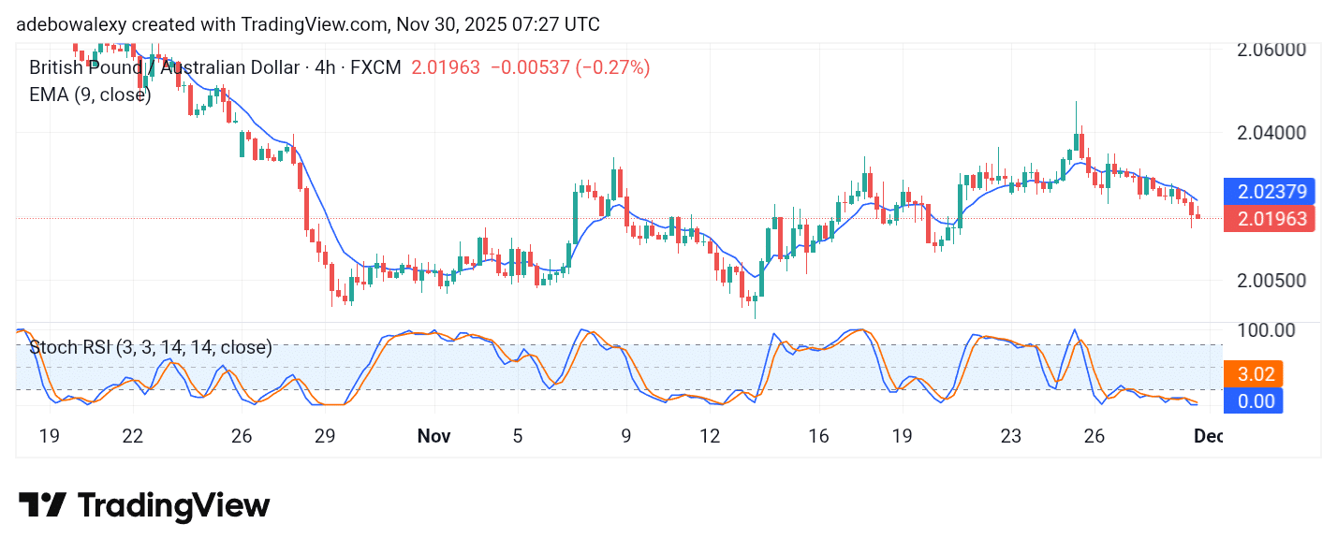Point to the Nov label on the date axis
[x=433, y=436]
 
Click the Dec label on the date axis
[x=1208, y=436]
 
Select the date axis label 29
[x=325, y=436]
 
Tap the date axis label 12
[x=710, y=436]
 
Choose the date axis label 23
[x=1010, y=436]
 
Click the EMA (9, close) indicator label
[x=90, y=95]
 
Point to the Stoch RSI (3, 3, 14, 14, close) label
[x=151, y=348]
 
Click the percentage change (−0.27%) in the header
[x=612, y=67]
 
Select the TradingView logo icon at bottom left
[x=42, y=506]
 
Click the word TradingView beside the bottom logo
[x=174, y=506]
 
